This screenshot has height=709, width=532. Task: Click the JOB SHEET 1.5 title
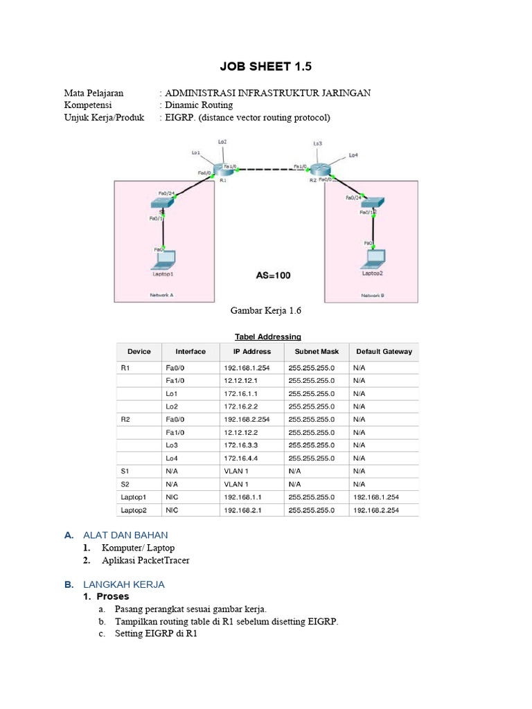pos(266,66)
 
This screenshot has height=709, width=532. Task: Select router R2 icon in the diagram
pos(321,170)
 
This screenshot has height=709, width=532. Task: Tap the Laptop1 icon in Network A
pos(163,260)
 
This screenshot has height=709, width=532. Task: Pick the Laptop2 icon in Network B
pos(374,258)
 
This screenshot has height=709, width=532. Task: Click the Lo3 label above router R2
pos(317,144)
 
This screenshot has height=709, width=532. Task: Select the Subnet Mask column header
pos(314,352)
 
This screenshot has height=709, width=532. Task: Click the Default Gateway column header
pos(384,352)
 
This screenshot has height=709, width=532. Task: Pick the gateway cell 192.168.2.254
pos(376,510)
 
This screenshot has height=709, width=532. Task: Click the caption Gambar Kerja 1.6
pos(265,312)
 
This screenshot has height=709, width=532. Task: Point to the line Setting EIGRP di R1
pos(156,634)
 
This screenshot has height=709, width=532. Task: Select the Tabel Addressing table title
pos(268,336)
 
